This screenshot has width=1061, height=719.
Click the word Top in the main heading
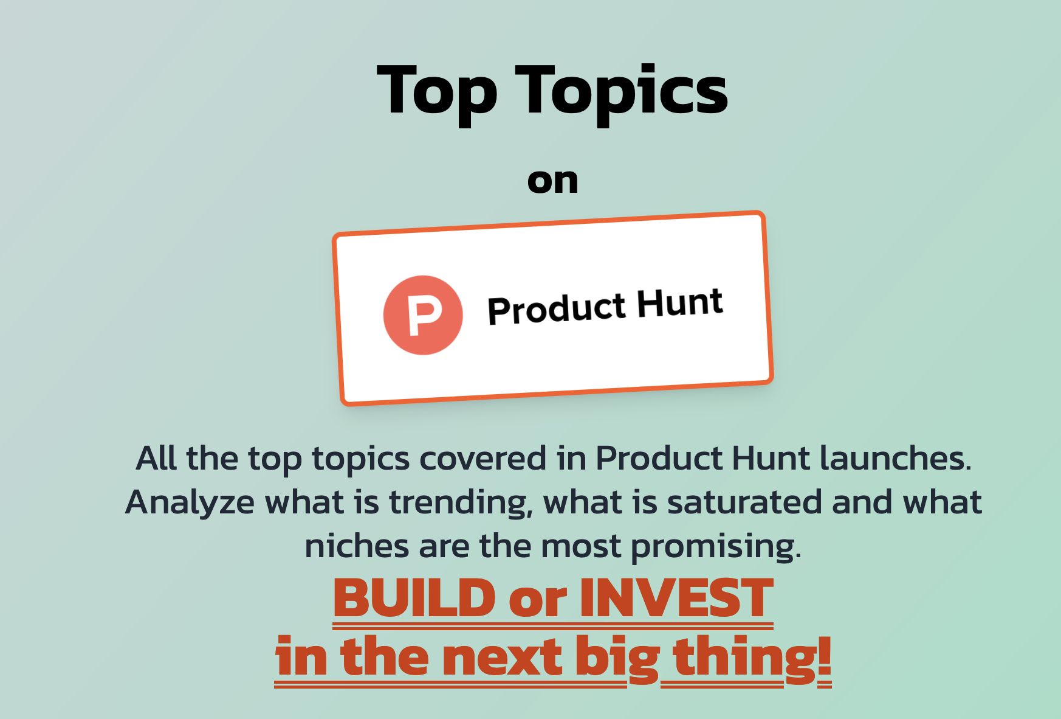[437, 91]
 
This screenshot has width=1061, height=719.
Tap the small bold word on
[552, 181]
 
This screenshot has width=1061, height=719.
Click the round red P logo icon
[423, 315]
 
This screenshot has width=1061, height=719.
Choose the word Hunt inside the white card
[680, 302]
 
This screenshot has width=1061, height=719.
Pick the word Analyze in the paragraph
[190, 502]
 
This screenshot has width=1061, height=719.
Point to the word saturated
[744, 502]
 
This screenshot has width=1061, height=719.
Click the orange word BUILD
[414, 598]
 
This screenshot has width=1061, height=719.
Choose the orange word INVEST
[676, 598]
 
